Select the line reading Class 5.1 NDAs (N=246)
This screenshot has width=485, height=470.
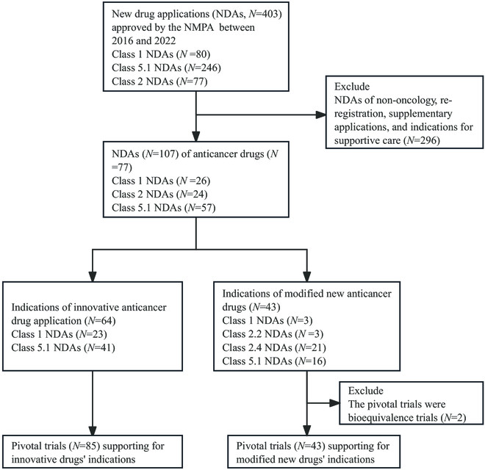[166, 68]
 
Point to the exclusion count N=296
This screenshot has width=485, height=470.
[423, 141]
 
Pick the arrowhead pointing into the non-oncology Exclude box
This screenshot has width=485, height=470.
[320, 115]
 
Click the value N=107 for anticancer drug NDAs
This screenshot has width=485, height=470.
[162, 153]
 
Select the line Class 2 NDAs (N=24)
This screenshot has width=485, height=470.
[159, 194]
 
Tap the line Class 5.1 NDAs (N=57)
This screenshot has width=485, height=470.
[164, 208]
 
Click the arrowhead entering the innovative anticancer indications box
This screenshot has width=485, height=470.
[93, 276]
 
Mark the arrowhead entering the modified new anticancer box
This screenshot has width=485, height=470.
[306, 276]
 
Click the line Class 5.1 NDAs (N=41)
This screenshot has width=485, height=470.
[63, 348]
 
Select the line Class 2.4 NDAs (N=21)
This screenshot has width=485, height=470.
[274, 348]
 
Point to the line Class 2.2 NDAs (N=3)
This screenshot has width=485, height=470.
[273, 334]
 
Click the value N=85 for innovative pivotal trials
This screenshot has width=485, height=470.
[86, 446]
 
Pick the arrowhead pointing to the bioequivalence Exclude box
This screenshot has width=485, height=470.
[334, 403]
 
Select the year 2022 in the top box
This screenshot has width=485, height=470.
[165, 41]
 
